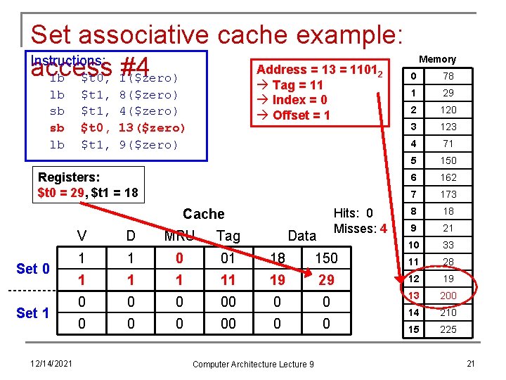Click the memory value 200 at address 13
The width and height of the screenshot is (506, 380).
(x=448, y=296)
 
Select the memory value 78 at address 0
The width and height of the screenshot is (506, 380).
(x=448, y=76)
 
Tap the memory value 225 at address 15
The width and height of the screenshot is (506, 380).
(x=448, y=329)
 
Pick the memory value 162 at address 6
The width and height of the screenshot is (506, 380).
(x=448, y=177)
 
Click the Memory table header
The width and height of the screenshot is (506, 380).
(x=437, y=59)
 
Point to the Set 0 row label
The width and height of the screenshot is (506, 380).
(x=33, y=269)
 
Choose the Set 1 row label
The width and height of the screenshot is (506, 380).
(x=33, y=312)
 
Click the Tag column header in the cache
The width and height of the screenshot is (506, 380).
(x=228, y=236)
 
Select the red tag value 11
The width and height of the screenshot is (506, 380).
(x=228, y=280)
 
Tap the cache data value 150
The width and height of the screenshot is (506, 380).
(x=325, y=258)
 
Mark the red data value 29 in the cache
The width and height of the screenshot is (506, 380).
(x=325, y=280)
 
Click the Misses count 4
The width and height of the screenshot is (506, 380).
(x=383, y=229)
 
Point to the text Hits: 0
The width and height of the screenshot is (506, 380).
(x=353, y=214)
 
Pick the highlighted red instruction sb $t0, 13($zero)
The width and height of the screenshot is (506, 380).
(x=117, y=127)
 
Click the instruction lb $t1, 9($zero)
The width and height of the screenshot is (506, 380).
(x=114, y=144)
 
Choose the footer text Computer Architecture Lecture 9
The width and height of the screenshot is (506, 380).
(x=254, y=364)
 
